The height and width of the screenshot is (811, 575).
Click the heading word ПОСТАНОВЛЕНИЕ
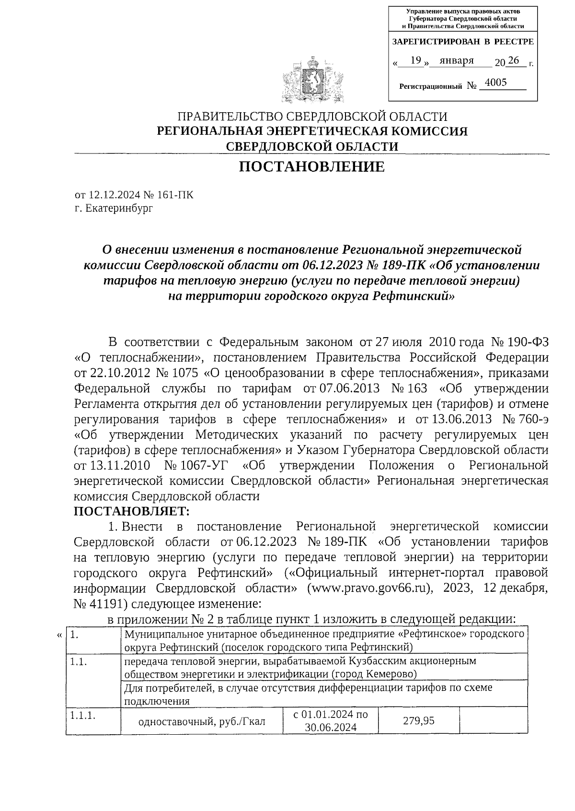(311, 167)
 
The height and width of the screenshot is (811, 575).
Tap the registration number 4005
(495, 82)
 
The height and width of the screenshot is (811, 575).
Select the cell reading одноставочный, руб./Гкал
(201, 721)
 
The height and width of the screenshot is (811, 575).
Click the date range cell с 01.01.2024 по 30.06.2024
(330, 720)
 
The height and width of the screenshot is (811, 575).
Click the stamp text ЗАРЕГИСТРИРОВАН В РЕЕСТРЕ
(462, 42)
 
